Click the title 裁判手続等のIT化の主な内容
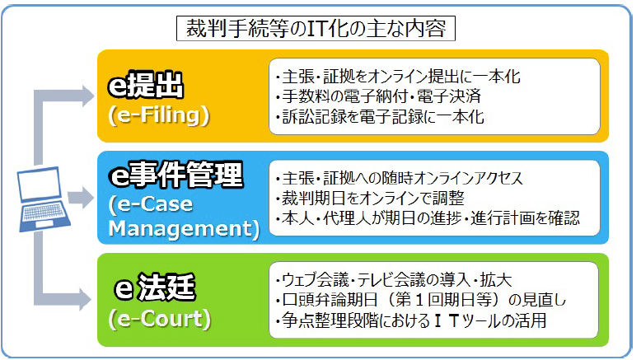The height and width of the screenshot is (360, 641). tap(316, 29)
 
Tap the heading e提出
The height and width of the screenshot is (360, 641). tap(146, 85)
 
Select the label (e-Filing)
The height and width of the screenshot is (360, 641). tap(159, 115)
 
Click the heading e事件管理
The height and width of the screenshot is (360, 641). tap(175, 175)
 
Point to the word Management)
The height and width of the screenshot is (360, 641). tap(184, 229)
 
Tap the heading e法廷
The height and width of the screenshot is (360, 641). tap(155, 288)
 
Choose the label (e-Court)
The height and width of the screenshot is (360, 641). tap(160, 319)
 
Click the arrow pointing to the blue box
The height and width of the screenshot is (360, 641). tap(81, 198)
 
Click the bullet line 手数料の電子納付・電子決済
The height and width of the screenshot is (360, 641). tap(378, 96)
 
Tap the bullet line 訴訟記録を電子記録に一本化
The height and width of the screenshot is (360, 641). tap(380, 116)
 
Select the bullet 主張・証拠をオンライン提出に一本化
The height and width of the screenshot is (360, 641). tap(398, 77)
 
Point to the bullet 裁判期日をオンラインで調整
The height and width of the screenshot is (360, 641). tap(370, 199)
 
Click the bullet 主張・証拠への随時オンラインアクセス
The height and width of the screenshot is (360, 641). tap(399, 178)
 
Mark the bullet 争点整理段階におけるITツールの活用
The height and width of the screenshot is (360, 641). tap(411, 320)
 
